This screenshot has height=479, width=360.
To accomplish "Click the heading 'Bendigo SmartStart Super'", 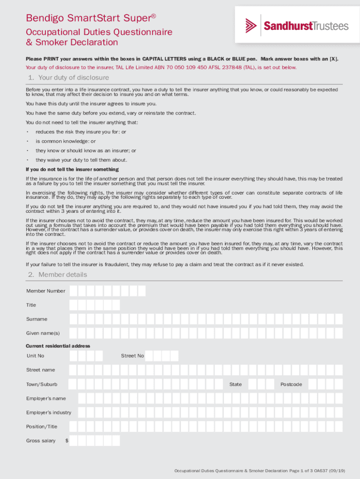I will tap(91, 18).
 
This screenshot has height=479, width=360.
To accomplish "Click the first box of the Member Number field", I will tap(73, 291).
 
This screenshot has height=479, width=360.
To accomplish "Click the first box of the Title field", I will tap(73, 305).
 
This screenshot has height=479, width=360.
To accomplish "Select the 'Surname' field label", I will tap(36, 319).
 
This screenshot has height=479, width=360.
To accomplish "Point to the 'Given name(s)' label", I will tap(43, 333).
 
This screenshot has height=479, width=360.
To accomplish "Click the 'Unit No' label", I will tap(36, 356).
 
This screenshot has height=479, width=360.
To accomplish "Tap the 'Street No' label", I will tap(132, 356).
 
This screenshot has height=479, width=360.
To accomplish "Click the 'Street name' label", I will tap(41, 370).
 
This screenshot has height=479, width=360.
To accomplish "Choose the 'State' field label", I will tap(236, 385).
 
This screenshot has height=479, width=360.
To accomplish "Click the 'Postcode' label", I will tap(291, 385).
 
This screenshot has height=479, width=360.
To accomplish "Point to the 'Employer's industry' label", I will tap(49, 413).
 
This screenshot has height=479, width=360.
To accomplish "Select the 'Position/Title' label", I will tap(42, 427).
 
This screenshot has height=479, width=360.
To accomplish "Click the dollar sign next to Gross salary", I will tap(67, 441).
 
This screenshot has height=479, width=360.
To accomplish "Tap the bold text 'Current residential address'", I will tap(58, 346).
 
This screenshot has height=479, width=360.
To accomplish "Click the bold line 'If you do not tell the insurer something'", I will tap(72, 169).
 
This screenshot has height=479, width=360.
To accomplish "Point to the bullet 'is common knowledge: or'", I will tap(65, 141).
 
